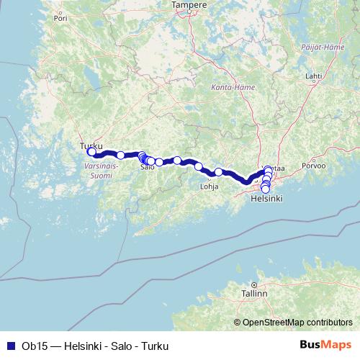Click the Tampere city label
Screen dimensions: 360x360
click(189, 5)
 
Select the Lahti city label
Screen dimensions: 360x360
click(313, 75)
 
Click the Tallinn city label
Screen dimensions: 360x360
click(254, 294)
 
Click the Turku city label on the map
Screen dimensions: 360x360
click(91, 144)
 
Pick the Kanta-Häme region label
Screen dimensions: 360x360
click(222, 87)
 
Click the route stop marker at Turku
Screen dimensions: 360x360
click(91, 151)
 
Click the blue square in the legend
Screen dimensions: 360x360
click(10, 346)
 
